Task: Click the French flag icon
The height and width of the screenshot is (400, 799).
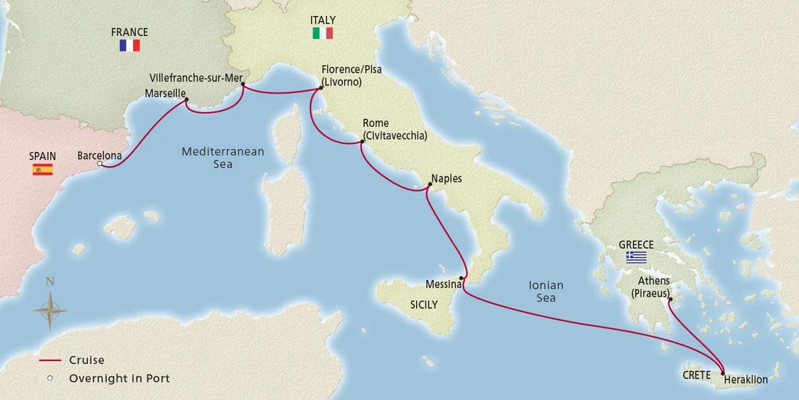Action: tap(129, 45)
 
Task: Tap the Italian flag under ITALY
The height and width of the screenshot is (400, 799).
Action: tap(322, 33)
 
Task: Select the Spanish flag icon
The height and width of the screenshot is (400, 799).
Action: tap(43, 169)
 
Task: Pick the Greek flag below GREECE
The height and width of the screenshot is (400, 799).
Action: tap(636, 257)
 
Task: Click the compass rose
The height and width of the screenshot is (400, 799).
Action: tap(50, 310)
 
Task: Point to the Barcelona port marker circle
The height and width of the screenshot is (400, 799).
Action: tap(99, 164)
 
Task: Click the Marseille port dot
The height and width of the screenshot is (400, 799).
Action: tap(186, 101)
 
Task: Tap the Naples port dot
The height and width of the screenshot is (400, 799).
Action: tap(427, 189)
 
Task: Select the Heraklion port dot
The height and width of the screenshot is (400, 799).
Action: tap(722, 373)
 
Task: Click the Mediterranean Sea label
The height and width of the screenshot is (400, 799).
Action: tap(222, 157)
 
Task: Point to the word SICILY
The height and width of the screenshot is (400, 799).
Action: tap(423, 305)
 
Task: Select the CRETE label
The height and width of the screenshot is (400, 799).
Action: tap(696, 375)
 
